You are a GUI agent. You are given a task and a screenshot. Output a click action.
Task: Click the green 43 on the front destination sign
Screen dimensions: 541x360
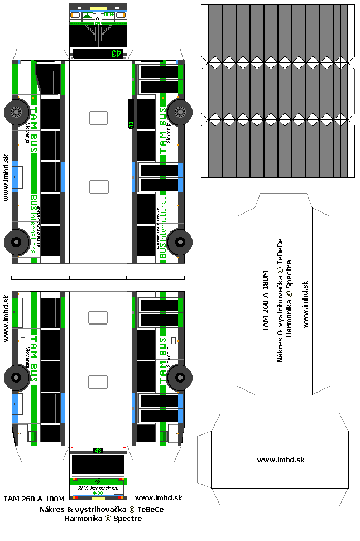click(116, 54)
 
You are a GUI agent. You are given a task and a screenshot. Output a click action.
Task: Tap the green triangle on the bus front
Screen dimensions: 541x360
click(89, 16)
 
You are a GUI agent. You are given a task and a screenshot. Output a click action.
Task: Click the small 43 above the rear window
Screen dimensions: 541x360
click(98, 451)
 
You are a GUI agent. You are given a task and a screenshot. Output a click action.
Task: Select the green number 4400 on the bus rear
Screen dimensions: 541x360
click(98, 493)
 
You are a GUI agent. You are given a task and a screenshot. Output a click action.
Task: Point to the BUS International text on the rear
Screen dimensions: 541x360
click(98, 488)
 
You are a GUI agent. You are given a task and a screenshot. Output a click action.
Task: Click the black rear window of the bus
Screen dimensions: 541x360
click(98, 465)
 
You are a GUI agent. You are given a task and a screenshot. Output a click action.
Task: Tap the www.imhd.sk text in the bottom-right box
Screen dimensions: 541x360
click(280, 460)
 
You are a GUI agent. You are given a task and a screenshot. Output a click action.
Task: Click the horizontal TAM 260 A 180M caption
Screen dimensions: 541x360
click(34, 498)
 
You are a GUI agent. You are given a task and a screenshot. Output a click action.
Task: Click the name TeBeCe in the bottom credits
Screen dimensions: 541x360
click(150, 509)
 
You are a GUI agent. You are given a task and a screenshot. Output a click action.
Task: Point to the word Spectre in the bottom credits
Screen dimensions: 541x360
click(128, 518)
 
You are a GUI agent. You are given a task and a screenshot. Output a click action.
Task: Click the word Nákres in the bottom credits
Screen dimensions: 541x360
click(51, 509)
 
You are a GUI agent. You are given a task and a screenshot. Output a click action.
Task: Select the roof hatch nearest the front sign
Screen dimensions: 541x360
click(98, 118)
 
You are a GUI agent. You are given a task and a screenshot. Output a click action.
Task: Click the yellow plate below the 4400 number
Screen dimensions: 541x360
click(98, 497)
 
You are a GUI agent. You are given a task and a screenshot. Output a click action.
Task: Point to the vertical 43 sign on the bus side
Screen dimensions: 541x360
click(131, 125)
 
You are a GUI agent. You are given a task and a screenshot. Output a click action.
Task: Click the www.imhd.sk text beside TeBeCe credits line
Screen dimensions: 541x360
click(159, 498)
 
